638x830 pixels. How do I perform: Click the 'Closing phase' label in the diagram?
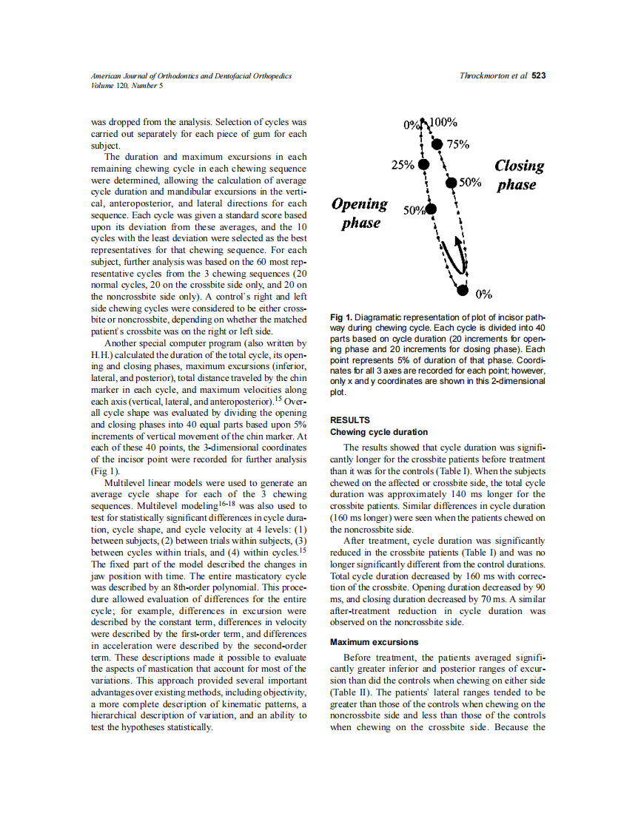[x=518, y=175]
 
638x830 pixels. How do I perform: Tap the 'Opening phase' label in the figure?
[x=360, y=213]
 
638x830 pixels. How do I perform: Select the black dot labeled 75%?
[x=437, y=144]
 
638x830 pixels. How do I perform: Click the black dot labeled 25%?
[x=423, y=165]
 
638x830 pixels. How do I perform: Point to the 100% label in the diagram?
[x=443, y=123]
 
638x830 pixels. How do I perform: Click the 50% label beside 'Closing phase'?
[x=470, y=182]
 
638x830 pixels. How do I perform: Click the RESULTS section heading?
[x=350, y=420]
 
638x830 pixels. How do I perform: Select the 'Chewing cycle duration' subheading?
[x=378, y=432]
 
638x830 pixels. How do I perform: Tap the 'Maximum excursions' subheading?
[x=374, y=642]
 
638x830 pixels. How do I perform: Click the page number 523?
[x=539, y=76]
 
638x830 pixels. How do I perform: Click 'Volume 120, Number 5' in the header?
[x=127, y=85]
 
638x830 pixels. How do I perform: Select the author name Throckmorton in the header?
[x=484, y=76]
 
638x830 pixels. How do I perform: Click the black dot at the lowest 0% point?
[x=463, y=291]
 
